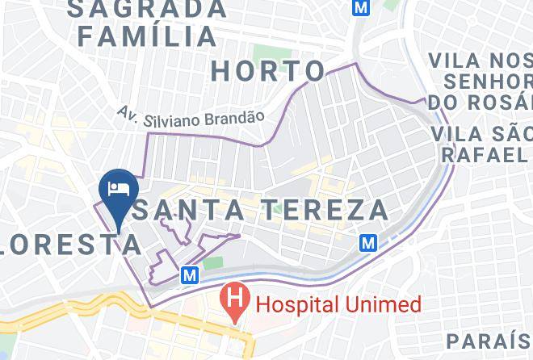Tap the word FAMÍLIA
[x=148, y=36]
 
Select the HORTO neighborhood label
[x=269, y=71]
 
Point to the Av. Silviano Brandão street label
[x=191, y=116]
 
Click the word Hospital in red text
[x=294, y=304]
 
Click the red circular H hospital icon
[x=234, y=303]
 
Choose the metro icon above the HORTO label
[x=360, y=6]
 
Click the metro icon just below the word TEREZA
[x=369, y=242]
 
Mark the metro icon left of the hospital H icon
[x=190, y=275]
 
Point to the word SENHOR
[x=489, y=82]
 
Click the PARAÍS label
[x=489, y=339]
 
